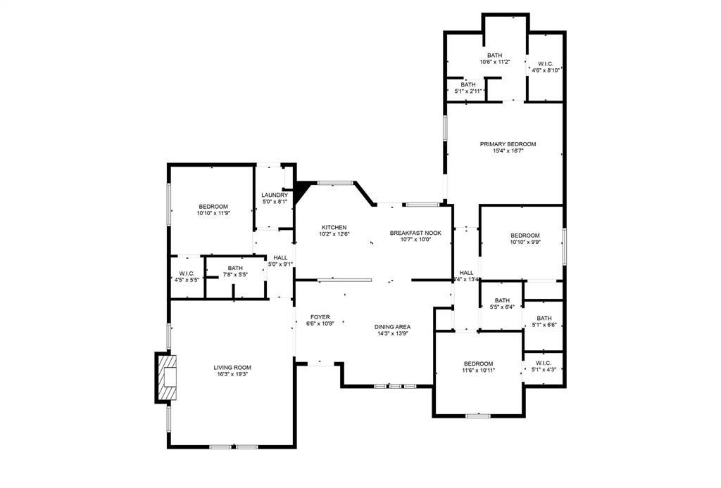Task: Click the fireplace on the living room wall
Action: (x=166, y=379)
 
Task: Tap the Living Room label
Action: (x=232, y=367)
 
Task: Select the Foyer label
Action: (x=320, y=317)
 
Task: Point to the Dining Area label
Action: (x=393, y=326)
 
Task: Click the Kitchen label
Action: (x=334, y=227)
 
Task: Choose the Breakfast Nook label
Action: (x=415, y=233)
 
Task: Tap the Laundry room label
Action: (x=275, y=195)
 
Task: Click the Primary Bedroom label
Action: (x=503, y=143)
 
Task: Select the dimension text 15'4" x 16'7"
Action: (x=503, y=150)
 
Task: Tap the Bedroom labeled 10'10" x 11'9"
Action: (x=213, y=206)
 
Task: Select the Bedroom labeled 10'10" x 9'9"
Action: (x=525, y=236)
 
